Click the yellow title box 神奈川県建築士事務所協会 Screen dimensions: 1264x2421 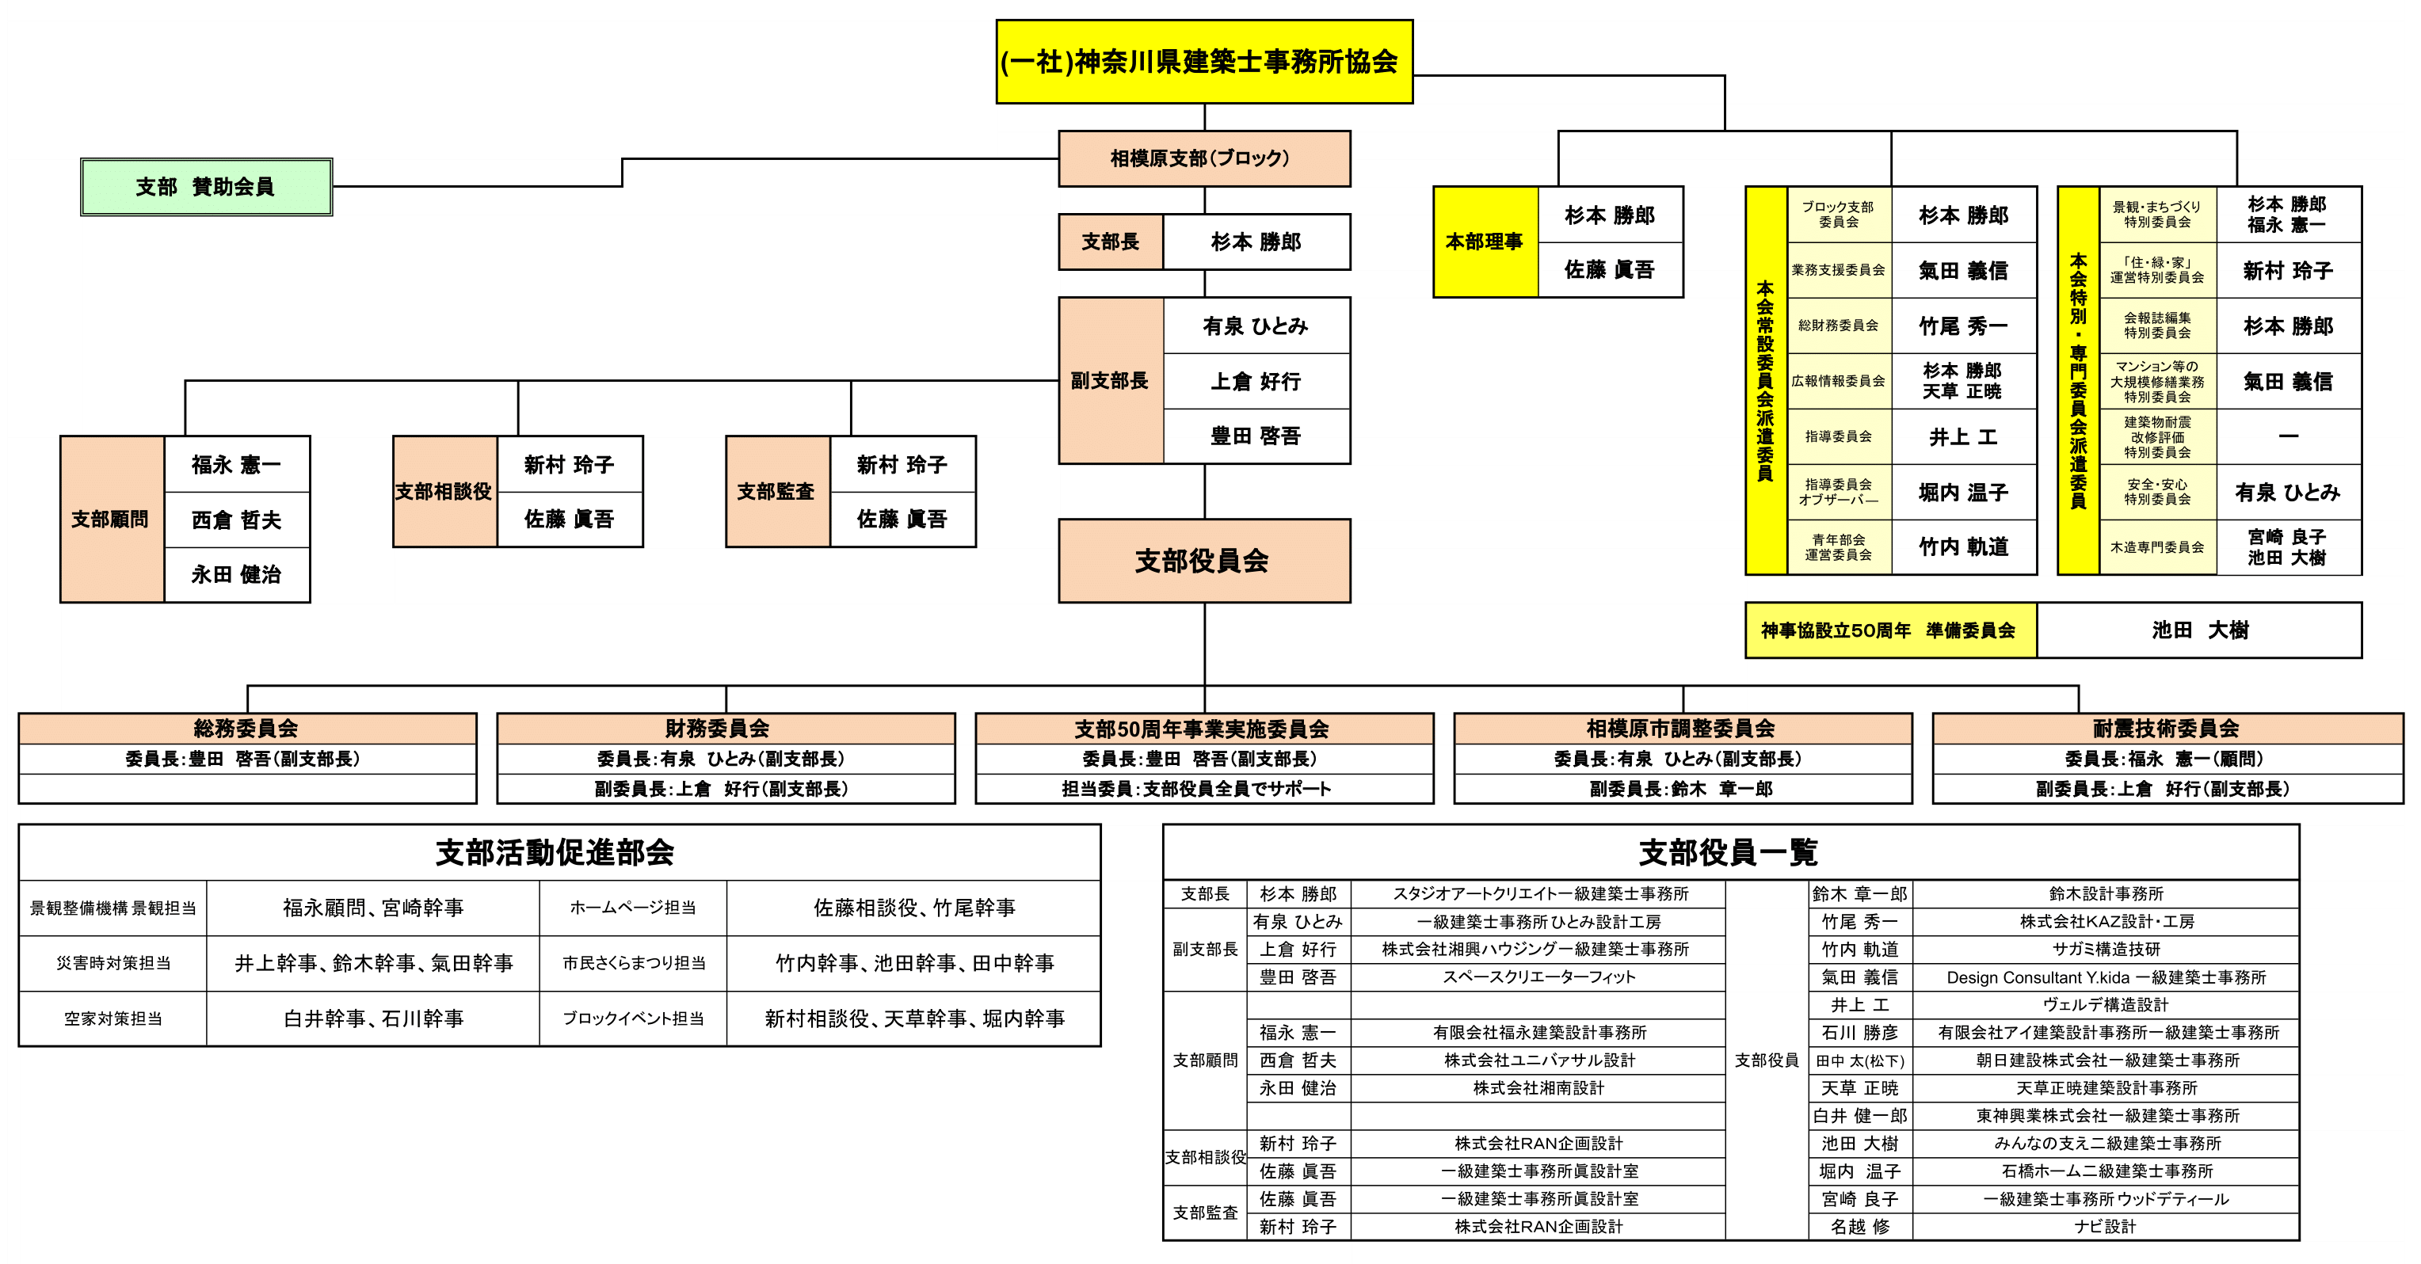click(1203, 62)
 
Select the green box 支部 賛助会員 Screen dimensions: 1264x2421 click(206, 187)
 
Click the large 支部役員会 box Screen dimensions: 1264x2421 click(1203, 561)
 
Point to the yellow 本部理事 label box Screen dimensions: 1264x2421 click(1485, 242)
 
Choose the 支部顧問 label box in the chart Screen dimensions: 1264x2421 click(111, 519)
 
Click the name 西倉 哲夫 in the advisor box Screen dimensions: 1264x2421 click(237, 520)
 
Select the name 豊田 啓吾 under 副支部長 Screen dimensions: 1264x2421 click(1256, 436)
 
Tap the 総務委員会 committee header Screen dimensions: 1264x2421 click(246, 729)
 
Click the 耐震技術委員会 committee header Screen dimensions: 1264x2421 click(2167, 729)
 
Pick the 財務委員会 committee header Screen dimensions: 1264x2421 click(725, 729)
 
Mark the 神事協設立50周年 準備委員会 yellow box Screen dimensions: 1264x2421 click(1889, 630)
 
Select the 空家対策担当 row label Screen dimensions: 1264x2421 click(112, 1018)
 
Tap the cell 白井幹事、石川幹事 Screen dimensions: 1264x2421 click(373, 1018)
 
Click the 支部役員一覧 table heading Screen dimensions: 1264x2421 click(1729, 852)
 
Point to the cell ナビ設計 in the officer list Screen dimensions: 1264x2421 click(2105, 1227)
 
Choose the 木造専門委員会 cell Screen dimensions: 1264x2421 click(2157, 547)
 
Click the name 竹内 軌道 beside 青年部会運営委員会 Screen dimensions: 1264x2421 click(1963, 547)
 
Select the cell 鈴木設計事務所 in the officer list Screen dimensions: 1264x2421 click(2105, 893)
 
